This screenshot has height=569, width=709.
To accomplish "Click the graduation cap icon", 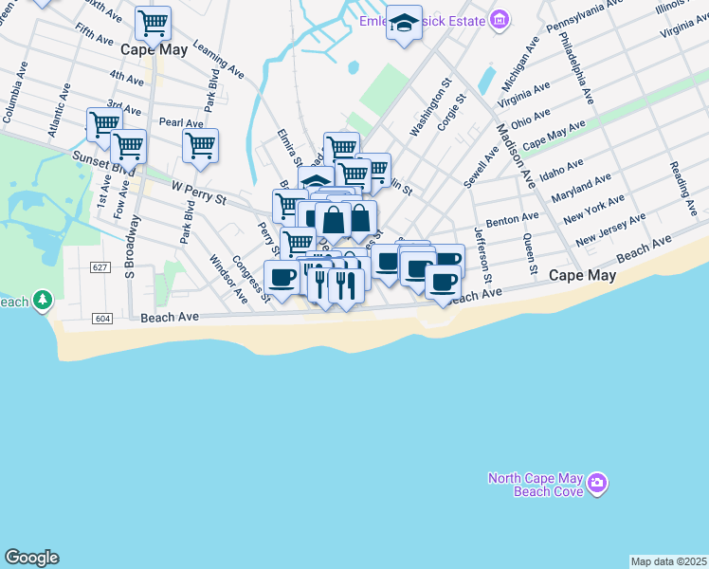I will click(x=404, y=22).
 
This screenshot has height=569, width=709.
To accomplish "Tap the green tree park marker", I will click(x=42, y=301).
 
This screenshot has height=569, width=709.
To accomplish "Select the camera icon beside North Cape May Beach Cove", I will click(x=596, y=484).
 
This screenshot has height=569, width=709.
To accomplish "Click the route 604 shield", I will click(x=102, y=318).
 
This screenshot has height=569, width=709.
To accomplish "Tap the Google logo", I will click(x=31, y=558).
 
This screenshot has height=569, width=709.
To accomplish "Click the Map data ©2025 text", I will click(x=668, y=561).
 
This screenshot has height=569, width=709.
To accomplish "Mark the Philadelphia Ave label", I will click(x=576, y=68).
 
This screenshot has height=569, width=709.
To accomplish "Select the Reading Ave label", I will click(x=682, y=179).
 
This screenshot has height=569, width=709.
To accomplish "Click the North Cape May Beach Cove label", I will click(x=536, y=485).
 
